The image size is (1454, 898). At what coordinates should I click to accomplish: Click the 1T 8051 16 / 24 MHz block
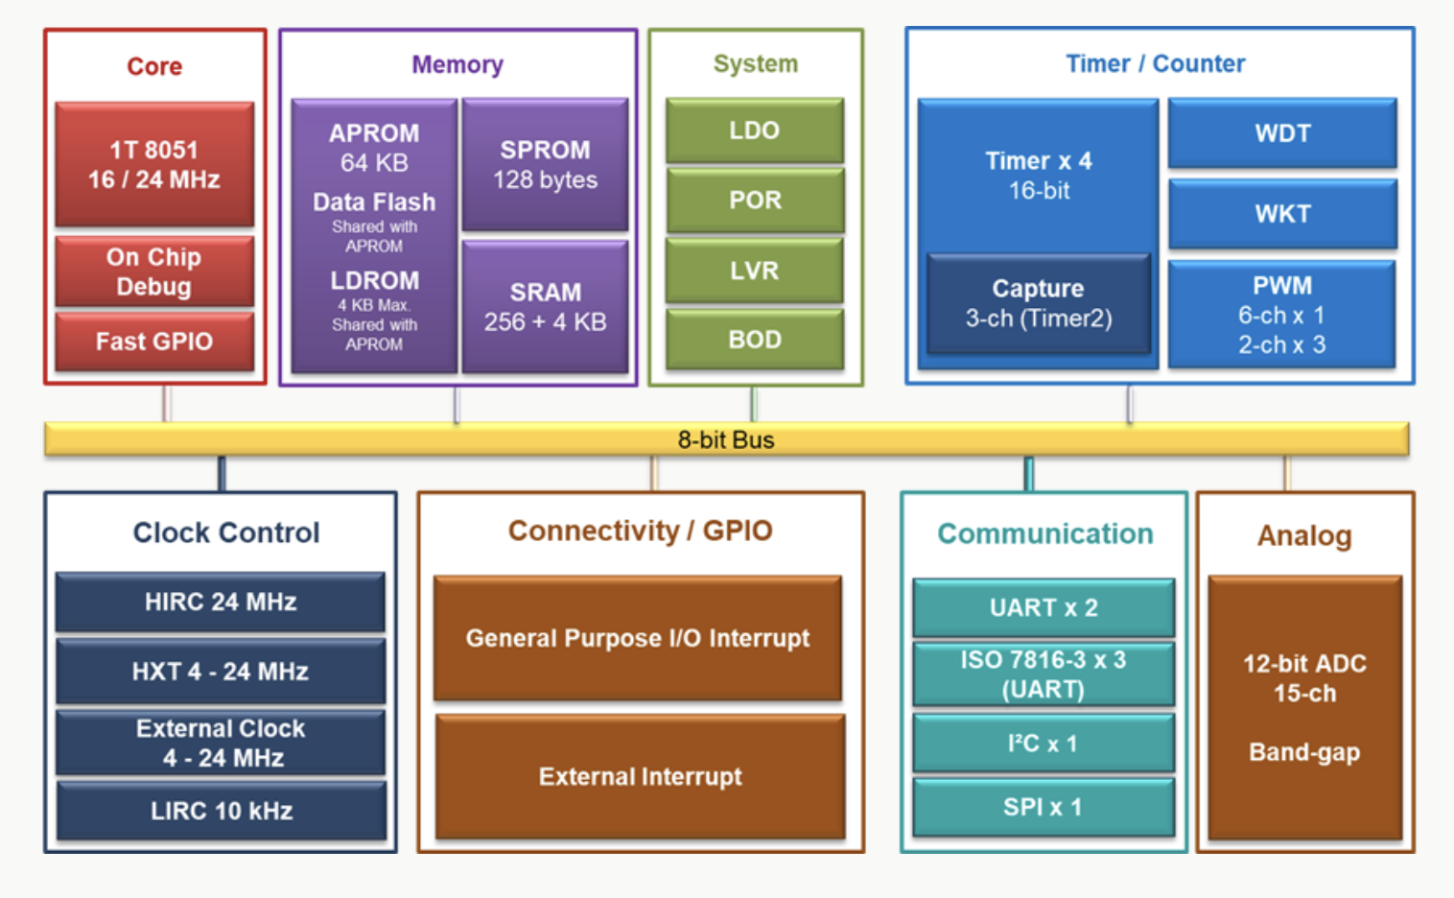click(154, 164)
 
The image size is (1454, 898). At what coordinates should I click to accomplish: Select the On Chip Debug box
click(154, 272)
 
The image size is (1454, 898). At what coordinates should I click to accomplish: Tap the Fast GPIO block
click(154, 342)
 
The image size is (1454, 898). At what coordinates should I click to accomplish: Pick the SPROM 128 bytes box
click(545, 165)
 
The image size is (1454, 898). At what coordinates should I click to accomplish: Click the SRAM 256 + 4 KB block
click(545, 307)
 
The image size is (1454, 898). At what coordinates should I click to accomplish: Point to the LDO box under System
click(755, 130)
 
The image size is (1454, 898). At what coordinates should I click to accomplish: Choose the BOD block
click(755, 340)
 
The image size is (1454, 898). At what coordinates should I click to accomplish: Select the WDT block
click(1282, 133)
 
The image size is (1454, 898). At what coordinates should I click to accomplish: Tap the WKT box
click(1282, 214)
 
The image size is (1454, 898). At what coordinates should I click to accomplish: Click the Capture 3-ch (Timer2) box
click(1039, 303)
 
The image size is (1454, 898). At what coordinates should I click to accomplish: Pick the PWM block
click(1281, 315)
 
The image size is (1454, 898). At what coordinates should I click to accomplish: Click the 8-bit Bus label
click(726, 439)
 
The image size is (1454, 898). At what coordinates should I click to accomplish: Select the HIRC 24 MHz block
click(221, 602)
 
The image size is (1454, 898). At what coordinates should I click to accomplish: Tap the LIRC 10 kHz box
click(222, 811)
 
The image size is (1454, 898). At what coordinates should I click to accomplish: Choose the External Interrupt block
click(641, 776)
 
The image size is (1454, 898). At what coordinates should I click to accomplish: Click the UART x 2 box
click(1044, 607)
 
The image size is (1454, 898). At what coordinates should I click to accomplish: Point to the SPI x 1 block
click(1044, 807)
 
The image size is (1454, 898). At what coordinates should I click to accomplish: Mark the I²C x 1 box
click(1044, 744)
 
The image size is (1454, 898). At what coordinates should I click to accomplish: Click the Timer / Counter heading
click(1156, 63)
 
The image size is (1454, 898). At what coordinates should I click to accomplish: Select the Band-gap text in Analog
click(1304, 752)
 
